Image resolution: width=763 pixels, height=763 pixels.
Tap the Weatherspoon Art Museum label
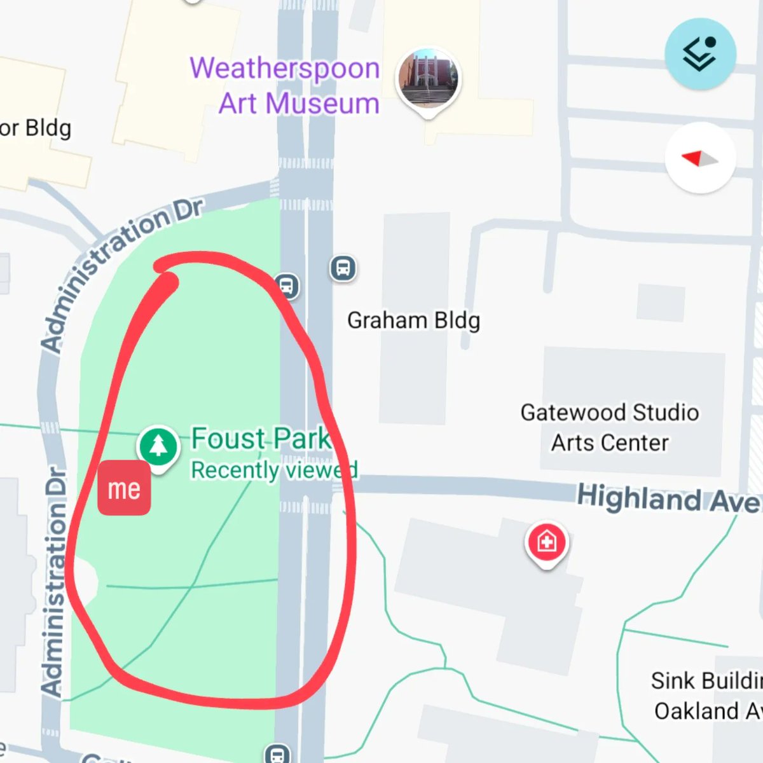[x=285, y=85]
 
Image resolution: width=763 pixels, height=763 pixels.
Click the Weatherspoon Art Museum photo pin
[x=428, y=79]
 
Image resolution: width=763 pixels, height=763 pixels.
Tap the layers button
[x=700, y=54]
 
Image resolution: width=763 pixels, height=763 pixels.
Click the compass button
[x=700, y=158]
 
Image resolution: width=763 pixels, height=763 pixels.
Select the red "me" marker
[x=124, y=488]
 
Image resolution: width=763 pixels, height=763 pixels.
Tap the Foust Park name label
[x=261, y=439]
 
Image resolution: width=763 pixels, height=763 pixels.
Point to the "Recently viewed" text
[x=274, y=470]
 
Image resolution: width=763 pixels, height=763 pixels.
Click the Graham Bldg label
[x=413, y=320]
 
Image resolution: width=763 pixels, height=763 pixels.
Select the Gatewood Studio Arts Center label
[x=610, y=427]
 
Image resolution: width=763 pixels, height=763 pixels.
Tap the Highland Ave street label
[x=668, y=498]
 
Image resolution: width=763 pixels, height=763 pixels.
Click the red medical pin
[x=547, y=542]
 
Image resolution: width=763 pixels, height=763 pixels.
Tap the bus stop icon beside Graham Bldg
[x=343, y=267]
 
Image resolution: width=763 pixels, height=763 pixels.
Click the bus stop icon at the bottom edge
[x=277, y=754]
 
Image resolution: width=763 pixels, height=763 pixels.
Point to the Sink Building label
[x=706, y=681]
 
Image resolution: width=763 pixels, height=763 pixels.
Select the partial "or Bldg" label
[x=36, y=128]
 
